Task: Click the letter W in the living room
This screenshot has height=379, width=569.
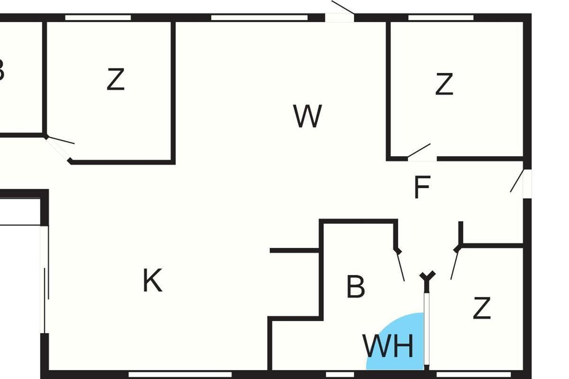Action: point(308,117)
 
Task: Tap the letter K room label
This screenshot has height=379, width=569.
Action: point(152,280)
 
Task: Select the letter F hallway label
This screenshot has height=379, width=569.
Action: point(422,188)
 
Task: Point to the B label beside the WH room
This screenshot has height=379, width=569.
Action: point(356,287)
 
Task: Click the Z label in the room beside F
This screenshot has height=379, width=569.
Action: point(444,85)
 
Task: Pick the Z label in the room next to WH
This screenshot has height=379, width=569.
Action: point(481,308)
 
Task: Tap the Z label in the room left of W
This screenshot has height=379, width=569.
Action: point(115,80)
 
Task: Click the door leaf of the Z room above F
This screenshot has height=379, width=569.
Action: point(419,150)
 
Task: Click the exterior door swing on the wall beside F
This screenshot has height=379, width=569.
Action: point(517,181)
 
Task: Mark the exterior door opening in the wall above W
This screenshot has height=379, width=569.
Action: point(340,18)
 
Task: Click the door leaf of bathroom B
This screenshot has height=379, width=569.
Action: point(401,266)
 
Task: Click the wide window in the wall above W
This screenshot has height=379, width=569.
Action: point(259,18)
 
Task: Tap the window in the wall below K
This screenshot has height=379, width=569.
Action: point(180,374)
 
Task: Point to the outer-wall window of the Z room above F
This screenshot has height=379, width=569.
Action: point(441,18)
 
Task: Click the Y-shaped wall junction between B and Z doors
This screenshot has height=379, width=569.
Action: point(427,277)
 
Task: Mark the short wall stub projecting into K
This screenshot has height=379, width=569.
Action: point(294,250)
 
